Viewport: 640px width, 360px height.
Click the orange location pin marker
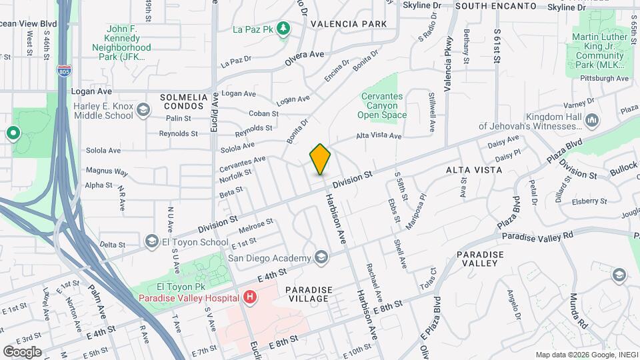tap(321, 159)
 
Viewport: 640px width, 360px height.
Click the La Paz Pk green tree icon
tap(283, 28)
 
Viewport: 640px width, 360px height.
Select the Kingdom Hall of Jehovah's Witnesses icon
tap(593, 120)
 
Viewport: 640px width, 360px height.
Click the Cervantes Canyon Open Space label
tap(383, 106)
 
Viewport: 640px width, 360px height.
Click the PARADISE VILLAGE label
tap(307, 294)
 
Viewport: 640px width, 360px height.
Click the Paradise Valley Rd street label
tap(537, 236)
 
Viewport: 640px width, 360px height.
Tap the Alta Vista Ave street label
tap(379, 136)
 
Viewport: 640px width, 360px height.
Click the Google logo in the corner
tap(22, 351)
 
